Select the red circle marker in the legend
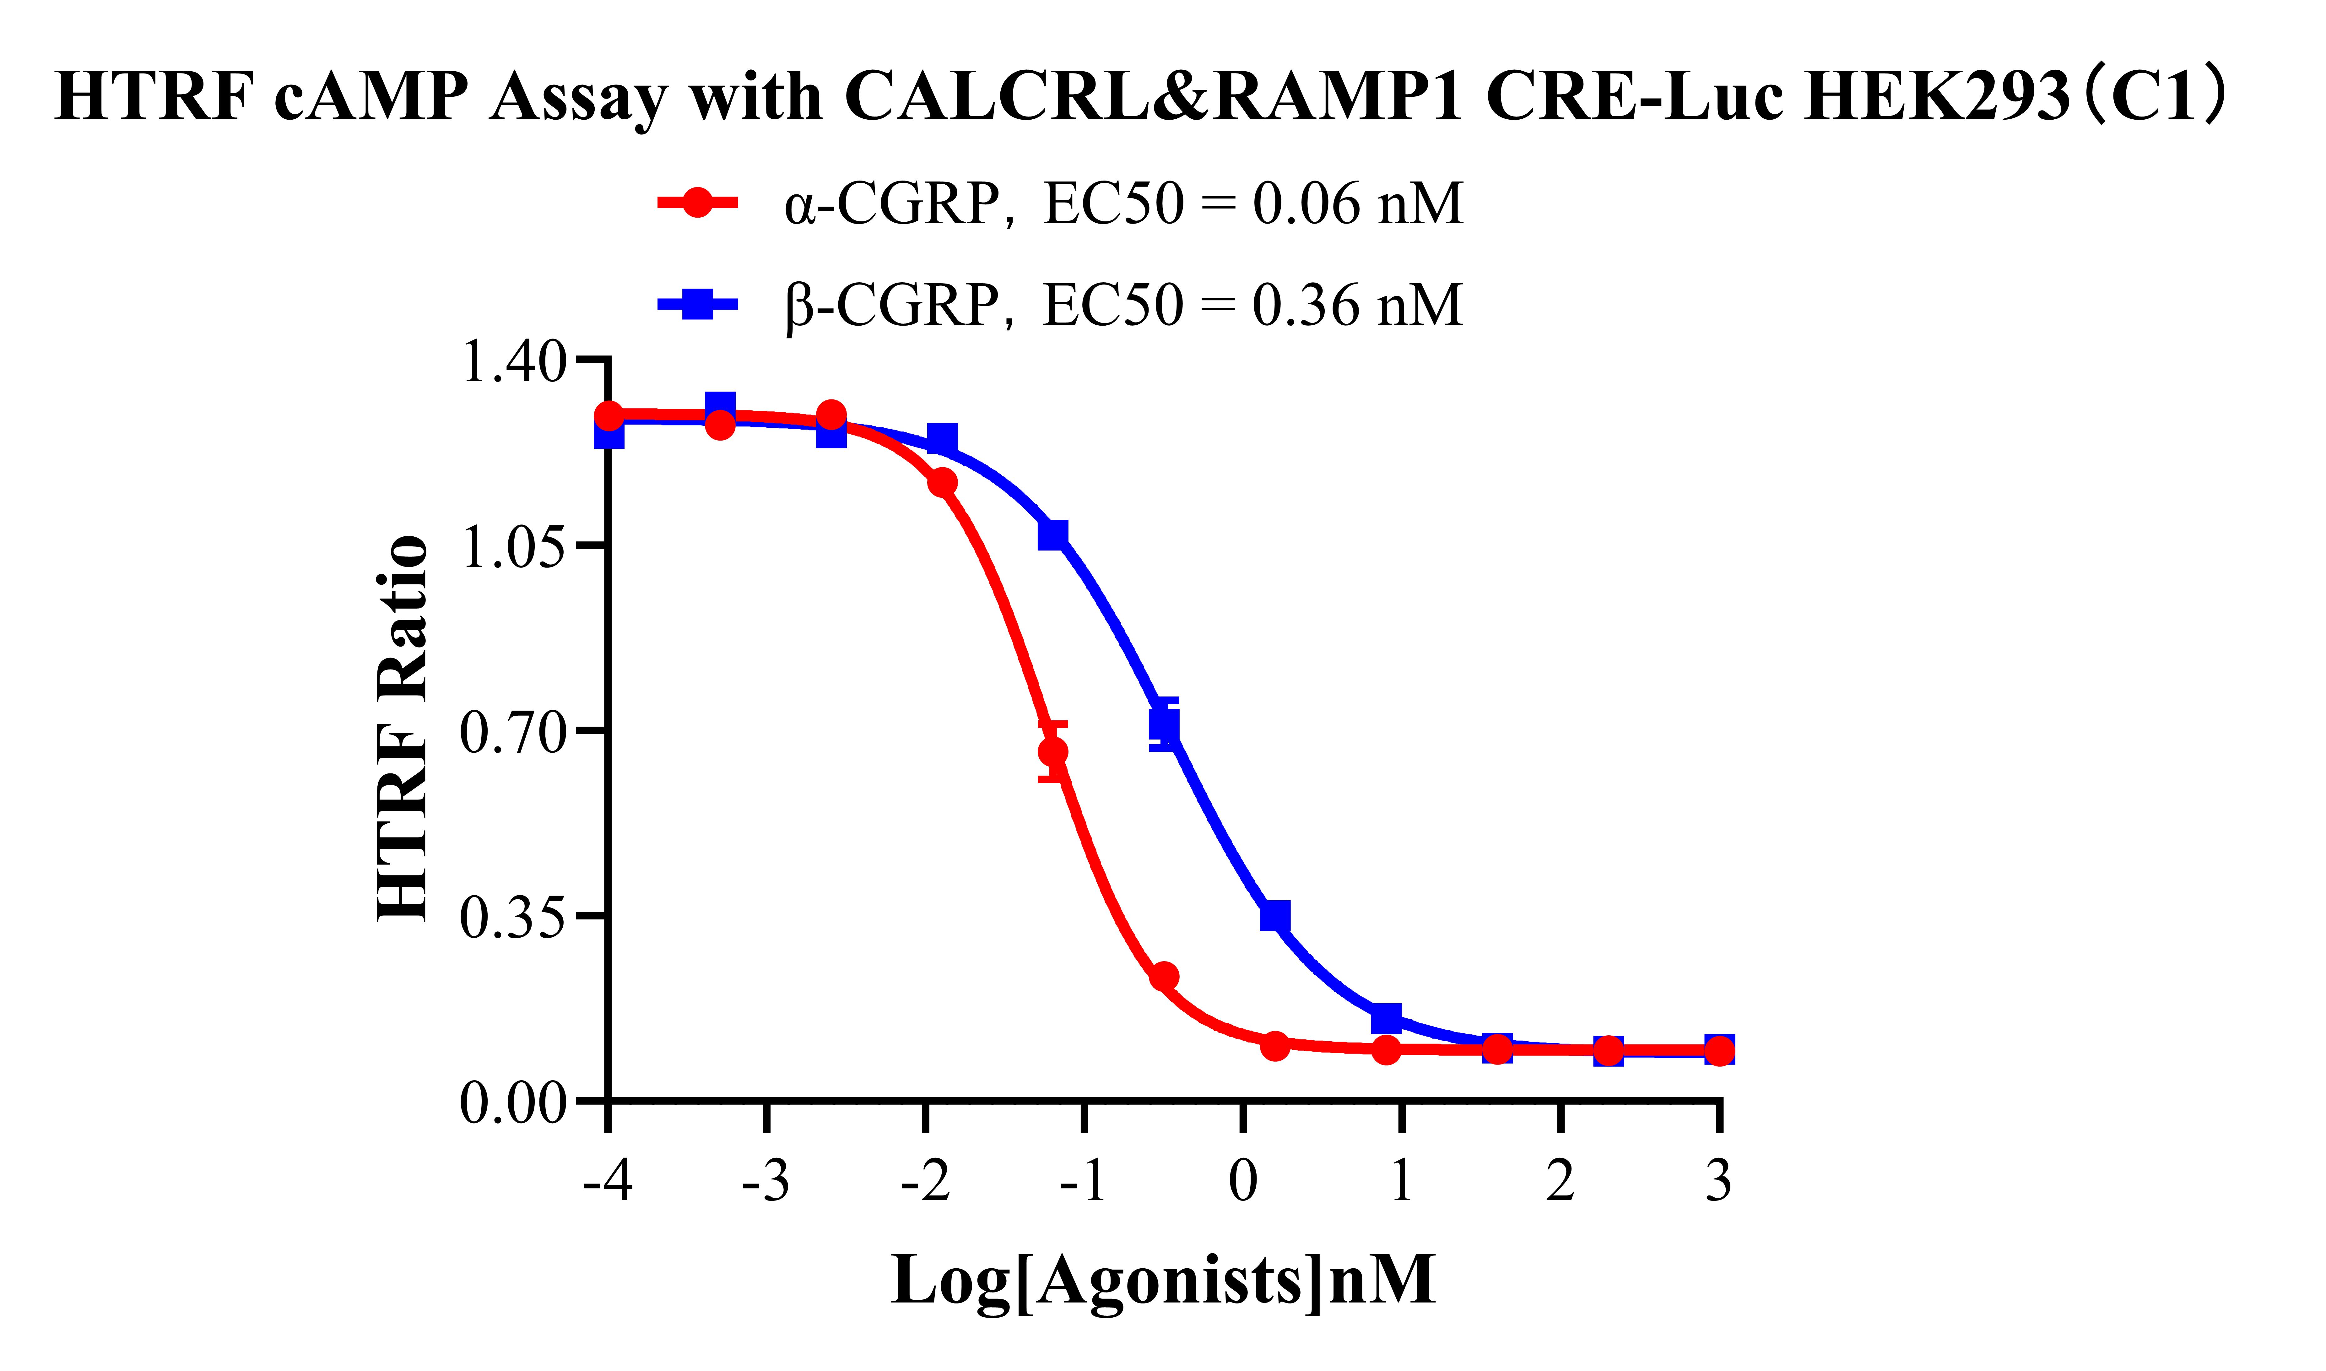pos(697,202)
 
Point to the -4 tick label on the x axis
pos(608,1181)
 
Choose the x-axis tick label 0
pos(1243,1181)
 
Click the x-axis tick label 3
pos(1718,1181)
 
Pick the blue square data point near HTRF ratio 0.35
pos(1275,917)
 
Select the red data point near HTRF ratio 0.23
pos(1164,977)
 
